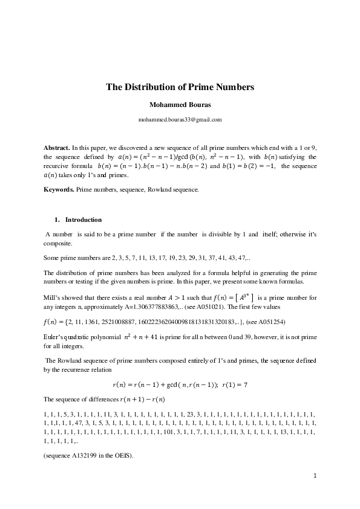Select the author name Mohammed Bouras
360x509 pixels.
(x=180, y=105)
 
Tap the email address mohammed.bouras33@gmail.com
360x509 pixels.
(x=180, y=120)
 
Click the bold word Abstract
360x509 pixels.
(x=57, y=148)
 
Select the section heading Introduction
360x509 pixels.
(x=83, y=219)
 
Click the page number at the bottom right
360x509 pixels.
(x=315, y=476)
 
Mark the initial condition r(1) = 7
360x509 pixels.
(x=235, y=384)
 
